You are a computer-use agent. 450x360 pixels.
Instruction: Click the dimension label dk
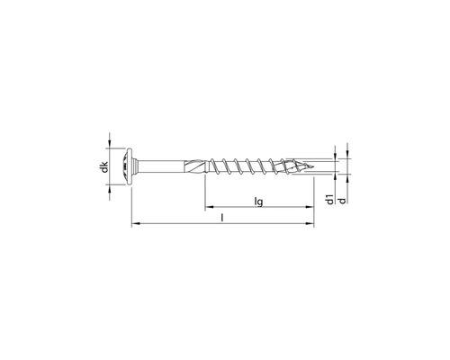click(104, 167)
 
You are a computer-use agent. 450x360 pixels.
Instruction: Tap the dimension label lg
click(258, 202)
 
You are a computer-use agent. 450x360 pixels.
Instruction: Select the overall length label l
click(222, 218)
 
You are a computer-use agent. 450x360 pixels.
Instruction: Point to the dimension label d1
click(330, 199)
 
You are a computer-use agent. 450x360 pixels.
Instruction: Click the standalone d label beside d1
click(343, 201)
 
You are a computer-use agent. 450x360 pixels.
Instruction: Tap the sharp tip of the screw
click(313, 166)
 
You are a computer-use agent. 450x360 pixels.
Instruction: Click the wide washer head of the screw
click(129, 166)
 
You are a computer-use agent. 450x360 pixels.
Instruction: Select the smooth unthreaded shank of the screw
click(160, 166)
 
